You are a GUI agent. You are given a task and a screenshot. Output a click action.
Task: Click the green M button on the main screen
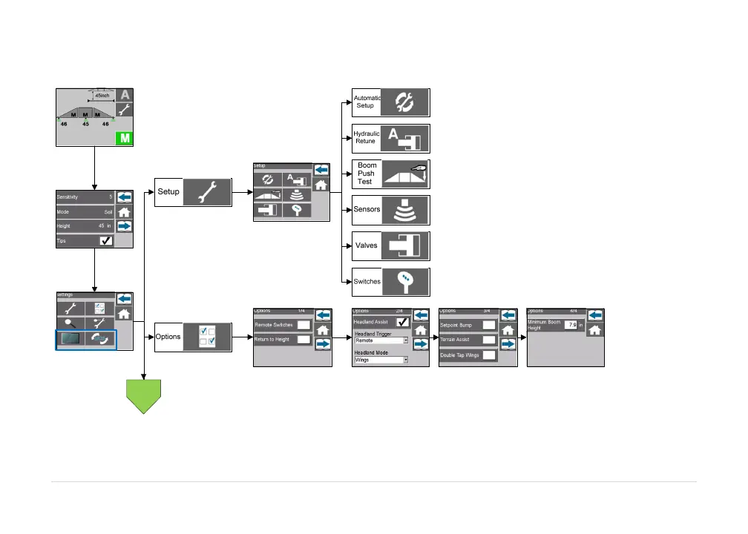[x=124, y=138]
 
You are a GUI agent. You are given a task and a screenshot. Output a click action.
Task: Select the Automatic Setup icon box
[x=405, y=102]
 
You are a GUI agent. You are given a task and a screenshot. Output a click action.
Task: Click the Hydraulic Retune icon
[x=405, y=138]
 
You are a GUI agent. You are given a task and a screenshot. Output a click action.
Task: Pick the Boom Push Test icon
[x=405, y=174]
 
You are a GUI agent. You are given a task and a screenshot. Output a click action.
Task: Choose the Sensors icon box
[x=405, y=210]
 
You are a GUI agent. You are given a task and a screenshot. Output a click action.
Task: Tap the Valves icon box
[x=405, y=245]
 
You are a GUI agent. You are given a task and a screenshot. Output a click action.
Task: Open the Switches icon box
[x=405, y=282]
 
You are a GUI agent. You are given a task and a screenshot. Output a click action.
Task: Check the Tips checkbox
[x=106, y=241]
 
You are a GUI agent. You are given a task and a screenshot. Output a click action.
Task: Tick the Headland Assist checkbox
[x=402, y=323]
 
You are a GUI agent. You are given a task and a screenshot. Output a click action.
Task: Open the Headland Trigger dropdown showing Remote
[x=381, y=340]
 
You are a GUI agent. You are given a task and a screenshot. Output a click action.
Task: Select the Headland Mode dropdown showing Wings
[x=381, y=360]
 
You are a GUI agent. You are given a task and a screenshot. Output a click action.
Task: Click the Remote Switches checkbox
[x=303, y=325]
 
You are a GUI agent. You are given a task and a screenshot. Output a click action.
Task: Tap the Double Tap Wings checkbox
[x=488, y=355]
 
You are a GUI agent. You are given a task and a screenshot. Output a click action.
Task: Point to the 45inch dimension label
[x=103, y=95]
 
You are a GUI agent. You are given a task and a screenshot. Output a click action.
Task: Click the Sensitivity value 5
[x=111, y=197]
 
